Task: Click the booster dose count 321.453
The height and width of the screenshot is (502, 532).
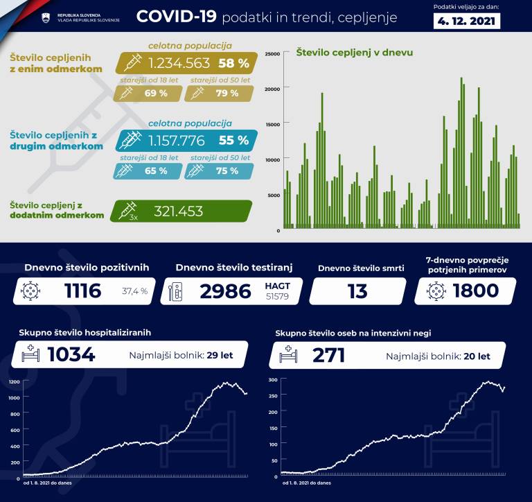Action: [x=178, y=211]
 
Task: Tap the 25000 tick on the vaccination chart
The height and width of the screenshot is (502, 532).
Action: [x=272, y=53]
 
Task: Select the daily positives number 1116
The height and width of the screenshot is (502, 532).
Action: [x=82, y=291]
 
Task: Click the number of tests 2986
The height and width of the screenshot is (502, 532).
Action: [x=225, y=291]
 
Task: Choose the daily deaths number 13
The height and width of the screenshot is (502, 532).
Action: [x=357, y=291]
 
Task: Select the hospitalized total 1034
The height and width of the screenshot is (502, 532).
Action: [x=71, y=355]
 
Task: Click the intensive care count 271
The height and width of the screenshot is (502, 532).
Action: [x=328, y=355]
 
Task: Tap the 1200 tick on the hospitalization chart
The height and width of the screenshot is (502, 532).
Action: [x=15, y=382]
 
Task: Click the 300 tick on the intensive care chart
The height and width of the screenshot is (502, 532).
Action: [x=273, y=380]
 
